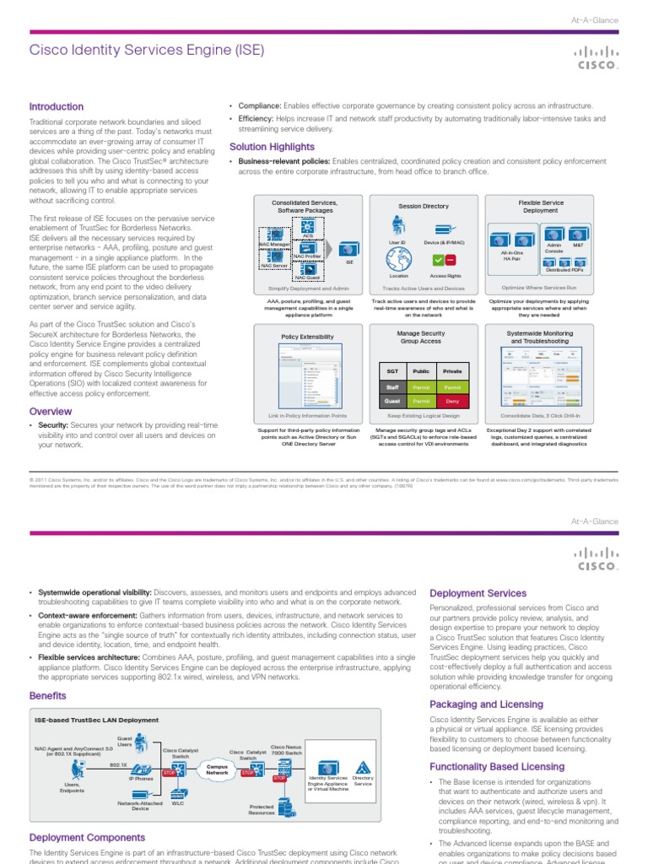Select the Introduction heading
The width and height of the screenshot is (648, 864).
coord(57,107)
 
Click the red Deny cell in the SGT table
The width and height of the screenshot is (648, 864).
coord(452,402)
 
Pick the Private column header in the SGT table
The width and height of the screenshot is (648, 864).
coord(452,370)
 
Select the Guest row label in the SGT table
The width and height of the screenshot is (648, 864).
coord(392,402)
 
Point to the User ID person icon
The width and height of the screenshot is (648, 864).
coord(398,224)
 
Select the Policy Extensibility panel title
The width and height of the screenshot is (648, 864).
coord(307,337)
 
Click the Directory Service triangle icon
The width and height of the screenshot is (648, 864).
coord(363,766)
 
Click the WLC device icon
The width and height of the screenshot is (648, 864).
coord(178,795)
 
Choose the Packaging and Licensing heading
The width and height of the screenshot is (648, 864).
coord(486,705)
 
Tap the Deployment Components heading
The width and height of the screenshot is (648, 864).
coord(87,837)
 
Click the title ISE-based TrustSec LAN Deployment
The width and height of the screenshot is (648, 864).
coord(96,720)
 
